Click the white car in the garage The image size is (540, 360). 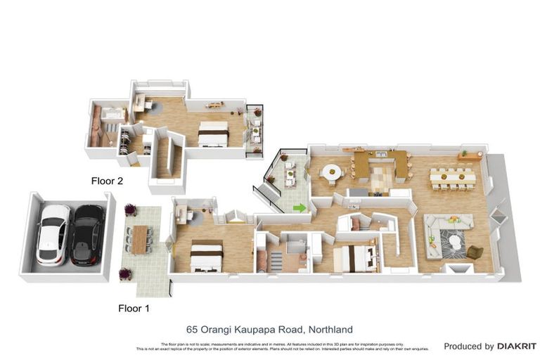point(54,234)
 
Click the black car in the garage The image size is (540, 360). point(87,234)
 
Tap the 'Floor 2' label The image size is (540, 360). point(107,181)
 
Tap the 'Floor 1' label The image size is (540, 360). point(134,308)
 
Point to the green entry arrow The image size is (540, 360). point(300,207)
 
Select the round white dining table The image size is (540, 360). point(331,172)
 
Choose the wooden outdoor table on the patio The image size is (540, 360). point(140,239)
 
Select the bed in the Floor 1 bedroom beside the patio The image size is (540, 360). point(207,256)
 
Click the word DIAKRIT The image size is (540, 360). point(517,347)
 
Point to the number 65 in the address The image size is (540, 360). point(191,329)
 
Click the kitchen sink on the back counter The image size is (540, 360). point(380,153)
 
